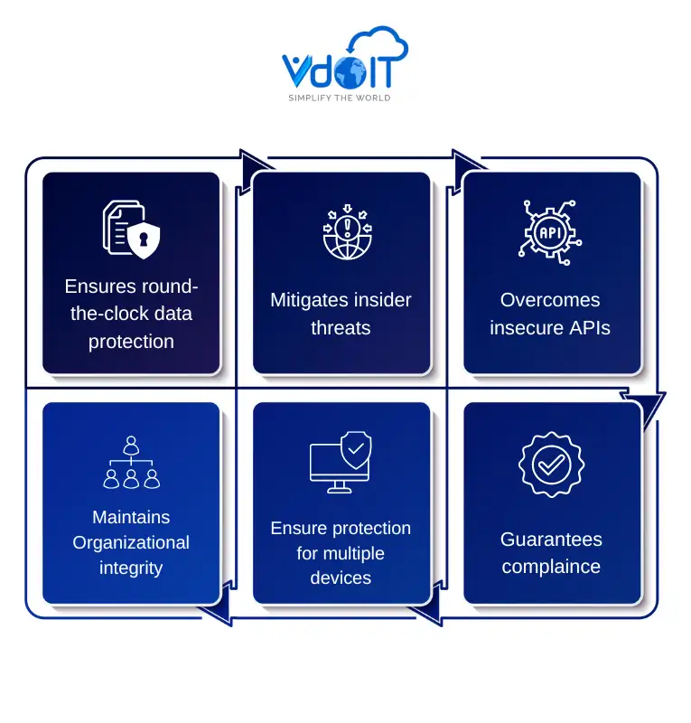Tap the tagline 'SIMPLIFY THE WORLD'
tap(339, 98)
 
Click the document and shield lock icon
tap(131, 228)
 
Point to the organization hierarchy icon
tap(131, 463)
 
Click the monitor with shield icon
tap(341, 462)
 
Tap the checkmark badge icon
tap(550, 464)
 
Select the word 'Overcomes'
tap(550, 300)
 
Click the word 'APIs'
tap(586, 327)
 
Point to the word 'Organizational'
tap(131, 542)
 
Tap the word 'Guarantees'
tap(550, 540)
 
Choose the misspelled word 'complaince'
tap(550, 567)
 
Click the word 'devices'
tap(341, 578)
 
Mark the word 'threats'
tap(341, 327)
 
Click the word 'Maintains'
tap(131, 517)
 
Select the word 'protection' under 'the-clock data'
tap(131, 342)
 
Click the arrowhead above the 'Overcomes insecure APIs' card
tap(470, 163)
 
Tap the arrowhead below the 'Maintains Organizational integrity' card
tap(217, 615)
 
